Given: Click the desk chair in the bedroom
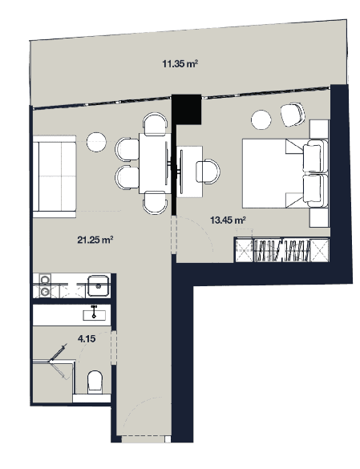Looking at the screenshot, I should point(208,170).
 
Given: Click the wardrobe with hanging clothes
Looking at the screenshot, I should point(281,249).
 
